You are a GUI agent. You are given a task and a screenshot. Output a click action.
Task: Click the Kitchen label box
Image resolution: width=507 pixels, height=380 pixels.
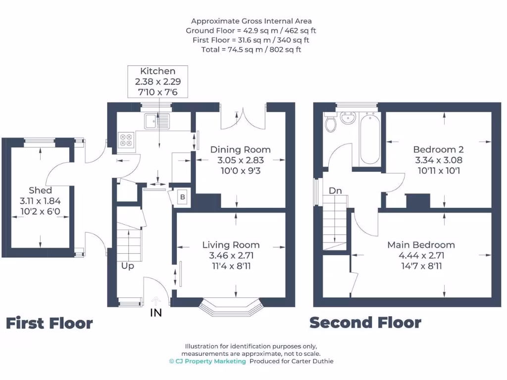157,81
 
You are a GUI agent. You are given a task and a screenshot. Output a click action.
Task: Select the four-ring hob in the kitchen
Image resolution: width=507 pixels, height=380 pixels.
126,140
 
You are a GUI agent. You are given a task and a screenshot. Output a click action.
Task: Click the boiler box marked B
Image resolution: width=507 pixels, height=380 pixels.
182,197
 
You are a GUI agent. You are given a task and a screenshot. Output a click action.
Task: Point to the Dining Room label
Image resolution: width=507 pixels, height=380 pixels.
240,149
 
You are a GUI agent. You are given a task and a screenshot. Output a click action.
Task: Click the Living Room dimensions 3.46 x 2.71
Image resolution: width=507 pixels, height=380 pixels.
231,256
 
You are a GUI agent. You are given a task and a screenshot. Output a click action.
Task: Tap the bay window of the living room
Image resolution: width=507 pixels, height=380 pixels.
231,307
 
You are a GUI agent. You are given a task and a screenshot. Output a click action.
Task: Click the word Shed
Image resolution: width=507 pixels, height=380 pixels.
40,190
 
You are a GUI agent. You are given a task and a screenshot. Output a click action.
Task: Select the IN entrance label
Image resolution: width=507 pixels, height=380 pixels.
156,313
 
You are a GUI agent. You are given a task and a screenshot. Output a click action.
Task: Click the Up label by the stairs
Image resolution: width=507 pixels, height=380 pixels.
127,266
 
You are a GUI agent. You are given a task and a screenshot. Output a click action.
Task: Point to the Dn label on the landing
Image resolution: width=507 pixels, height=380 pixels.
335,190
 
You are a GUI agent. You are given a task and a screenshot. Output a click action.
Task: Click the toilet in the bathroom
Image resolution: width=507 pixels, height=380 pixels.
330,122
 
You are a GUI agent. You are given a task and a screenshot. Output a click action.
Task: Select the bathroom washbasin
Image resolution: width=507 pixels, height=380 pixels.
349,117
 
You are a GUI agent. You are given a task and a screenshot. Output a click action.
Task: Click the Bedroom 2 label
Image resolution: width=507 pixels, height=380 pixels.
438,149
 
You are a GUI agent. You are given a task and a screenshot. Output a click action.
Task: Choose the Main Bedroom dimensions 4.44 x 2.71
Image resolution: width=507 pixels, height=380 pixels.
421,256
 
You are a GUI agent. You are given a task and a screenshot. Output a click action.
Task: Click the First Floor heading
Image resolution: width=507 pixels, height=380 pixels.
49,324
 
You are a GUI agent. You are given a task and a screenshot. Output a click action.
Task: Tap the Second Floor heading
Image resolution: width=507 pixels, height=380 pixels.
365,323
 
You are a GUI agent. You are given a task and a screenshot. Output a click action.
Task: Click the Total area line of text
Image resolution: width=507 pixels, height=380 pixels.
251,49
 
